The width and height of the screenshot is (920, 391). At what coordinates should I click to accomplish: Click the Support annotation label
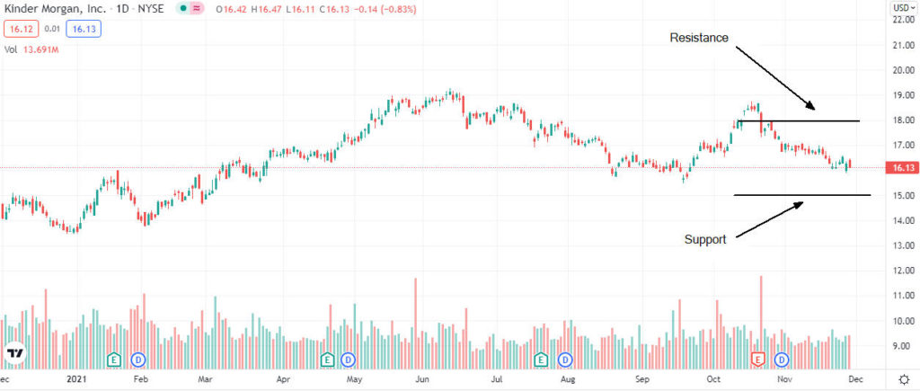pyautogui.click(x=705, y=240)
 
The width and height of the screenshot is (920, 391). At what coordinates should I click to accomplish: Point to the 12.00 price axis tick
pyautogui.click(x=901, y=271)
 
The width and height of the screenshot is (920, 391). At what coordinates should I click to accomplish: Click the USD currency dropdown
pyautogui.click(x=902, y=8)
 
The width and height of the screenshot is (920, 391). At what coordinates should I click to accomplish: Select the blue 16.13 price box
pyautogui.click(x=85, y=29)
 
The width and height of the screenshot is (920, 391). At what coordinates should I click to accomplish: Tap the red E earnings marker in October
pyautogui.click(x=757, y=360)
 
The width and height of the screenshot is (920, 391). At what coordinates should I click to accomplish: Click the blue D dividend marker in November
pyautogui.click(x=782, y=360)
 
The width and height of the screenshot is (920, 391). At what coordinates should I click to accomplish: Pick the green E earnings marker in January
pyautogui.click(x=114, y=360)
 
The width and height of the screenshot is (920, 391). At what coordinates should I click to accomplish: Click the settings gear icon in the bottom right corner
pyautogui.click(x=903, y=379)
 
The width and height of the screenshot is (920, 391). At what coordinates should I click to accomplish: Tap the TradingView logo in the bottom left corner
pyautogui.click(x=13, y=353)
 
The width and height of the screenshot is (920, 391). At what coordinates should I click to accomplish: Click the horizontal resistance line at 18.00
pyautogui.click(x=818, y=120)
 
